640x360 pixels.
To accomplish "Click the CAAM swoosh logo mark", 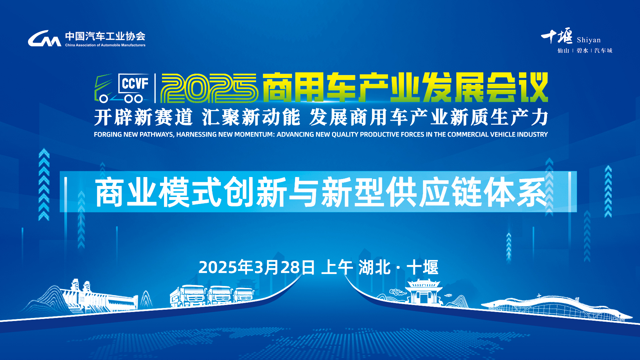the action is tap(45, 38).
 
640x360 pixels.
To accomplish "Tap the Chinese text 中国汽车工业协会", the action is tap(105, 36).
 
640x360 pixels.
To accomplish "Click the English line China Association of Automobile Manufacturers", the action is tap(105, 45).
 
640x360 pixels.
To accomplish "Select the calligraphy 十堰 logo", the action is tap(557, 36).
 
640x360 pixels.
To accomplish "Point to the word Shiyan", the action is tap(589, 40).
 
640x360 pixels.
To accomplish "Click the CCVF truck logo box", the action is tap(122, 88).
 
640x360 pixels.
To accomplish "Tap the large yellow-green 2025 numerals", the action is tap(209, 88).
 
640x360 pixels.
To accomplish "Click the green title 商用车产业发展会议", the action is tap(405, 87).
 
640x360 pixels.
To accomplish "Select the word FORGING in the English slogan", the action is tap(108, 134).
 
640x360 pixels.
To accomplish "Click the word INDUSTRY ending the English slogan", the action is tap(532, 134).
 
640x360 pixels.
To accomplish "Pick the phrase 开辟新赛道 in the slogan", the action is tap(144, 117).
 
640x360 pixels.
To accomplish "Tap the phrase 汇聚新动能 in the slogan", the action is tap(251, 117).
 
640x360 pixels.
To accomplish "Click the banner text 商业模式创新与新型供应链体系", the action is tap(321, 192).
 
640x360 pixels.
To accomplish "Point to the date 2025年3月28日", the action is tap(257, 267).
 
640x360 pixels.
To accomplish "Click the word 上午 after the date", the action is tap(337, 267).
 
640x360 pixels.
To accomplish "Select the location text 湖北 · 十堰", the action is tap(398, 267).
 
